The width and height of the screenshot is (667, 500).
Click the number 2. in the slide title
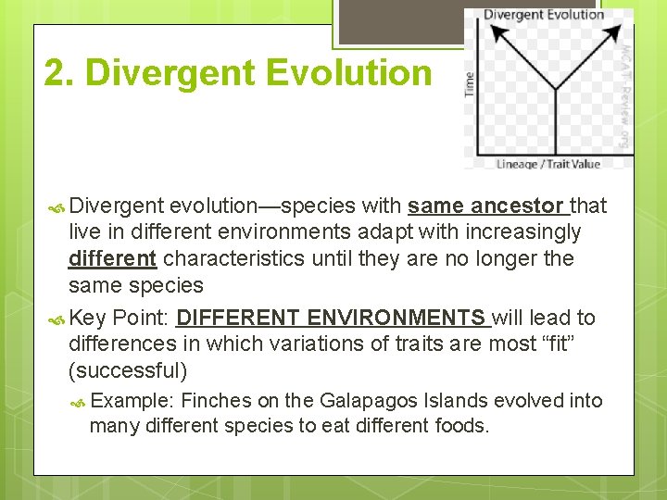coord(58,73)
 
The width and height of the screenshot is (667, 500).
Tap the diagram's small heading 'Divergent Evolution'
coord(543,14)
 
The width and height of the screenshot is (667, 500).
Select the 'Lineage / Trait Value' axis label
coord(548,165)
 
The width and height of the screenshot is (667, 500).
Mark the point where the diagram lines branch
coord(555,89)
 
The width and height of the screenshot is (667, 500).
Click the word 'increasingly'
coord(529,231)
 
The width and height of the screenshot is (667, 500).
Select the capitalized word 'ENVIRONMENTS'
coord(397,319)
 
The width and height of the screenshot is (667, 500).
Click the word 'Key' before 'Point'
coord(88,319)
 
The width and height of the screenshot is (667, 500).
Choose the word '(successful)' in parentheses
coord(128,371)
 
